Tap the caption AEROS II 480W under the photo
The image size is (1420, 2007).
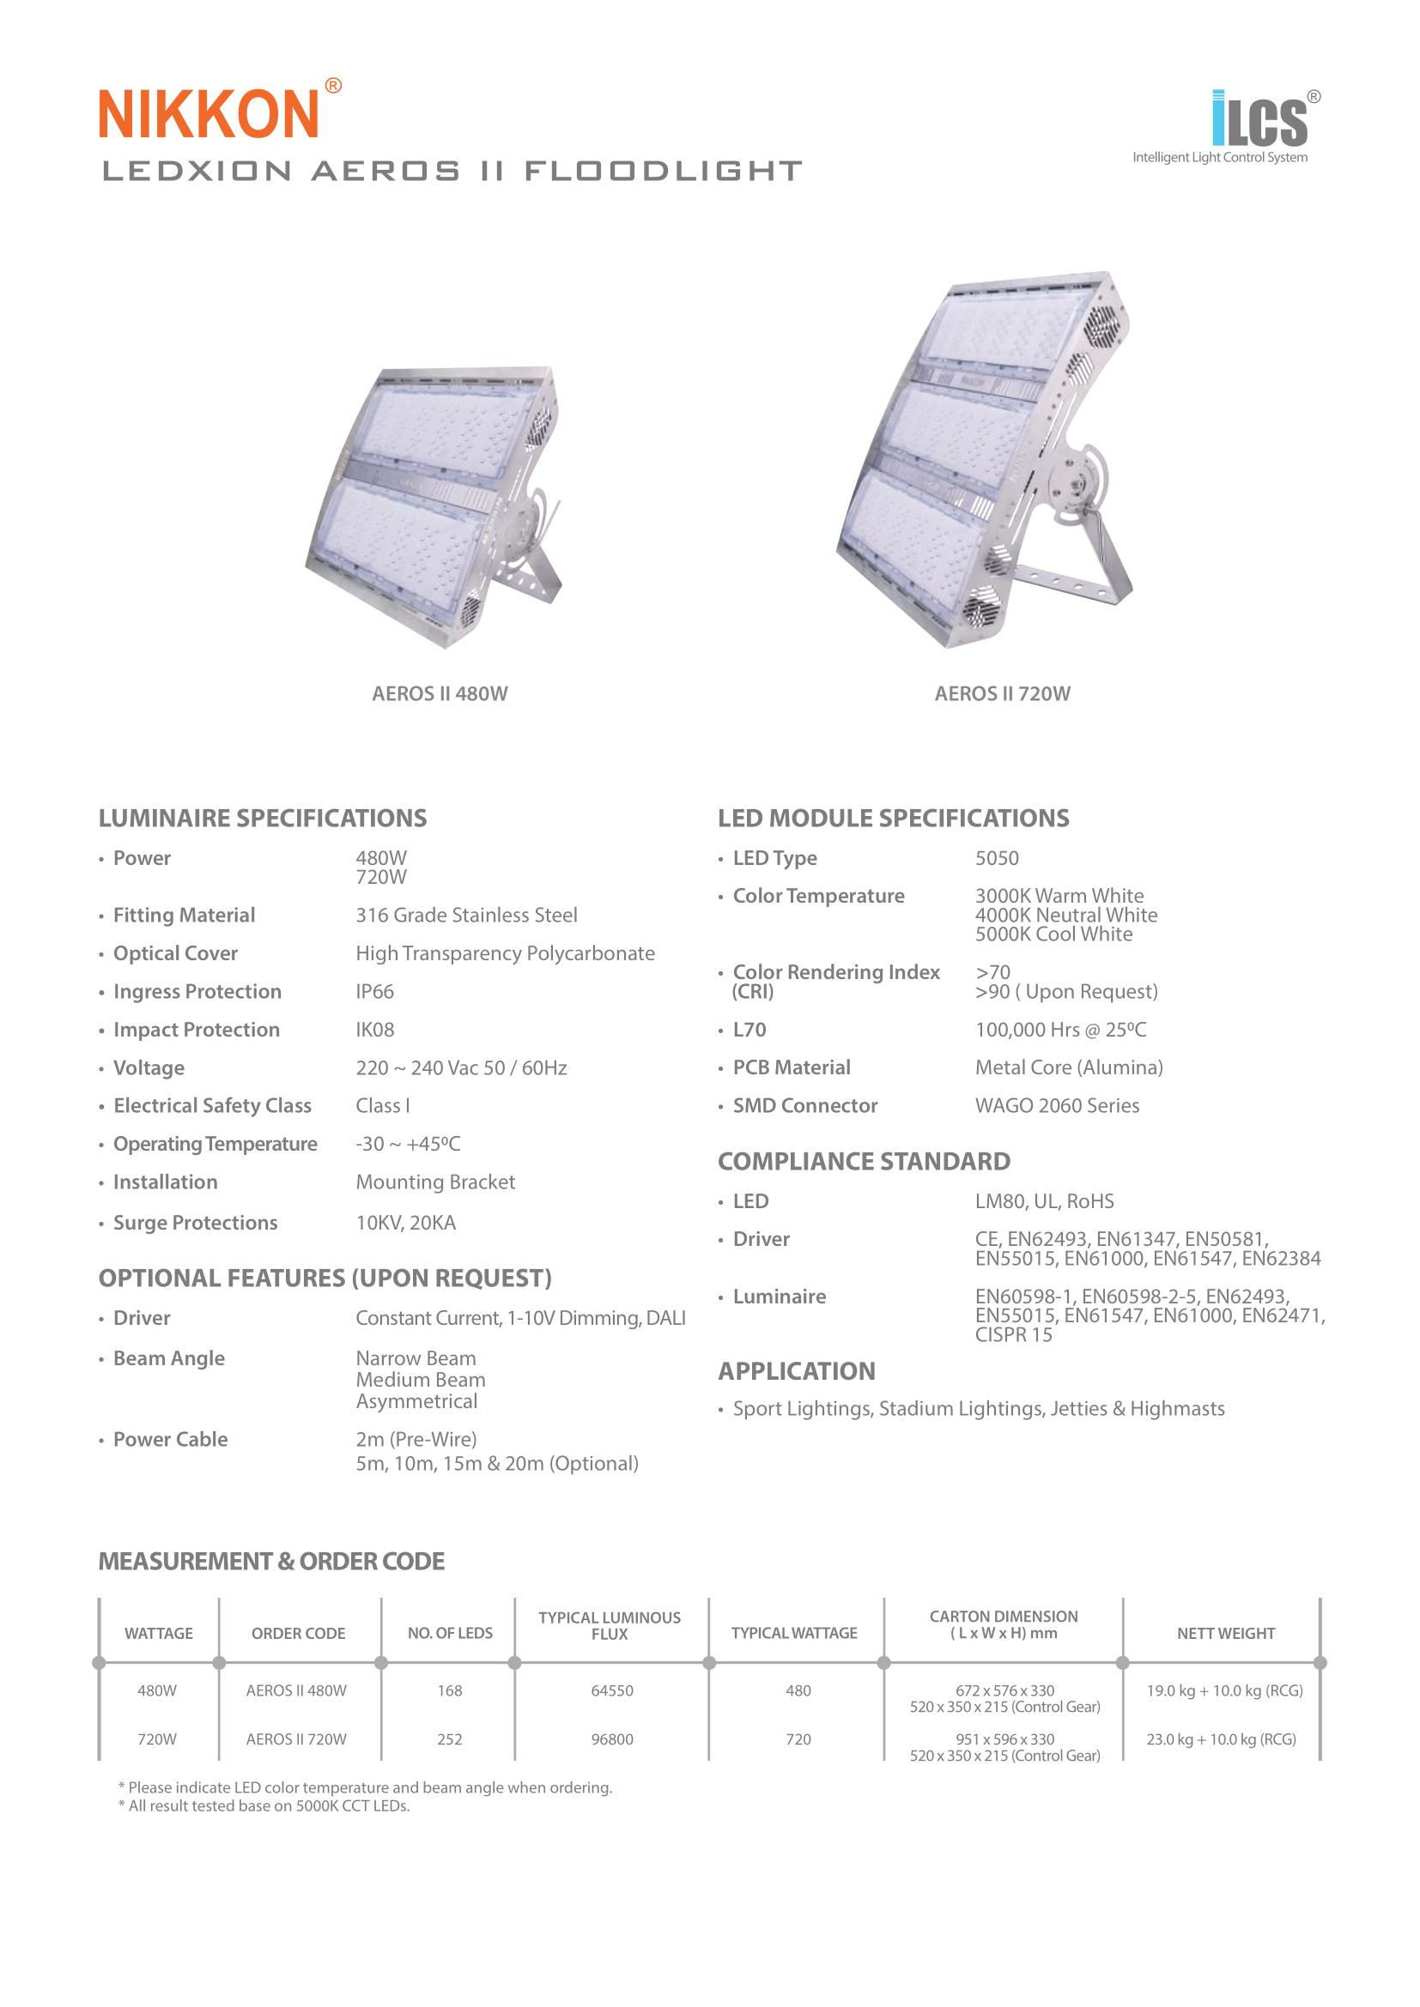440,694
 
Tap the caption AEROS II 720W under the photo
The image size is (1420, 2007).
1002,694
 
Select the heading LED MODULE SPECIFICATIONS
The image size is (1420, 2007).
893,819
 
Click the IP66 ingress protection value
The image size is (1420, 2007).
374,991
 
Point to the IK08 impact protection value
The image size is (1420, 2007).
374,1030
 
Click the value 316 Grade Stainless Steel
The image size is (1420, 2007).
466,916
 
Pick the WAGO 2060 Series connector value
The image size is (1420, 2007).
1057,1106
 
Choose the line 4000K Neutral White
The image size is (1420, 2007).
1066,916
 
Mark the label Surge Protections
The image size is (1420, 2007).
195,1223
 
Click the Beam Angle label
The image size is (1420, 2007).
169,1358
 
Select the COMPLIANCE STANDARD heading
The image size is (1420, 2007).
864,1162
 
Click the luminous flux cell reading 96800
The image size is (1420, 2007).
611,1739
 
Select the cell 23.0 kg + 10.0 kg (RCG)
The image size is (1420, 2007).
1221,1739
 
